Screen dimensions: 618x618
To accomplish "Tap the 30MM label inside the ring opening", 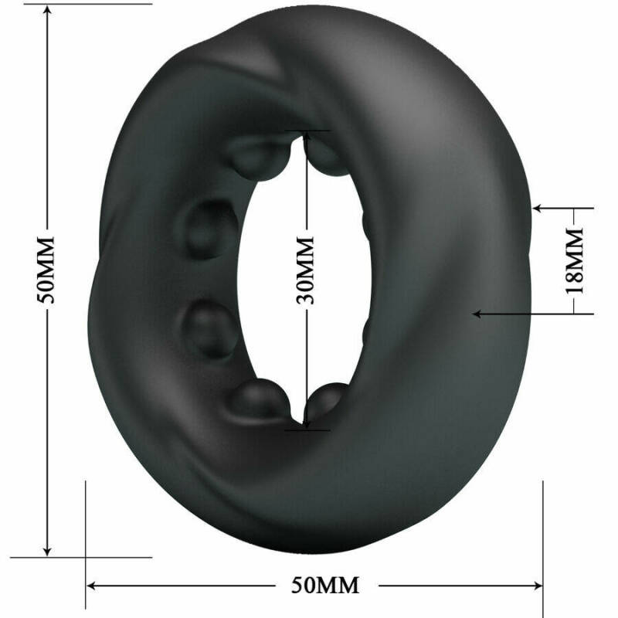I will (x=307, y=270).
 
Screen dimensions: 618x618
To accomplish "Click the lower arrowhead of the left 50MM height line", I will (x=48, y=549).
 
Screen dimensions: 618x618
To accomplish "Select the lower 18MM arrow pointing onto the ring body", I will (x=480, y=314).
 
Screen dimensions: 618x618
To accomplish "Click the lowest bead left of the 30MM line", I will (x=259, y=399).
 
